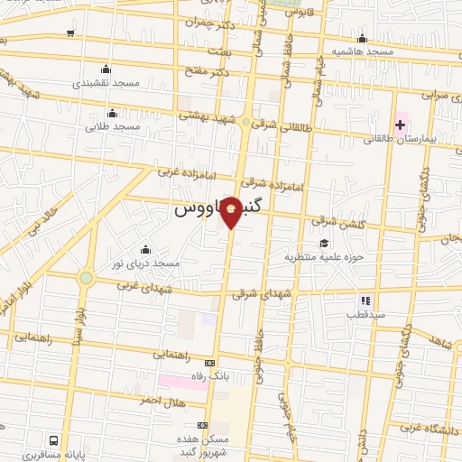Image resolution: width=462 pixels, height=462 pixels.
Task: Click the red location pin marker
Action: (x=232, y=211)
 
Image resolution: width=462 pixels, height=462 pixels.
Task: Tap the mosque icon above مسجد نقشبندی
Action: (x=106, y=69)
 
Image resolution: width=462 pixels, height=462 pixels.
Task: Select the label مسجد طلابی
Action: (x=113, y=127)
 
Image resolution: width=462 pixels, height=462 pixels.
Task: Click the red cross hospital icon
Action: (x=400, y=124)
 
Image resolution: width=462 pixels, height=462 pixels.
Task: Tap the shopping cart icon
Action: (x=70, y=33)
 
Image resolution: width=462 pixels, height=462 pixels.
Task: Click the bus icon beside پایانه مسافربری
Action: (x=54, y=440)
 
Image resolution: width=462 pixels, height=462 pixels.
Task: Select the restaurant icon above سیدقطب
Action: (x=365, y=300)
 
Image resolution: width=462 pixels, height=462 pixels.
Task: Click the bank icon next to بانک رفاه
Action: (x=211, y=363)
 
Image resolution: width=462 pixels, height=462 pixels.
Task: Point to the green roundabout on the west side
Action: (x=86, y=277)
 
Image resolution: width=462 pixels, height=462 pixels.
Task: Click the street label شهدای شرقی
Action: (x=262, y=293)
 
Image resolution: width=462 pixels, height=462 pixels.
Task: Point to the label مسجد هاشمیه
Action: (x=362, y=52)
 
